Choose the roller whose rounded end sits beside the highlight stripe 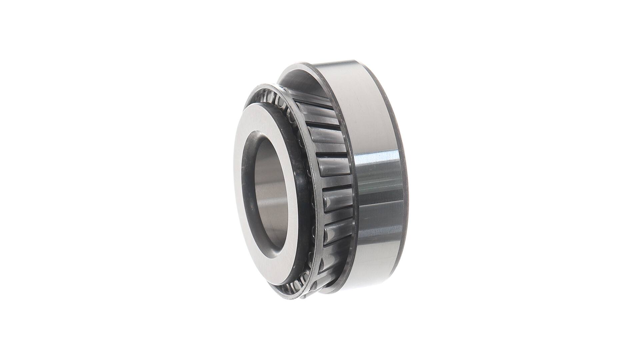click(333, 167)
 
